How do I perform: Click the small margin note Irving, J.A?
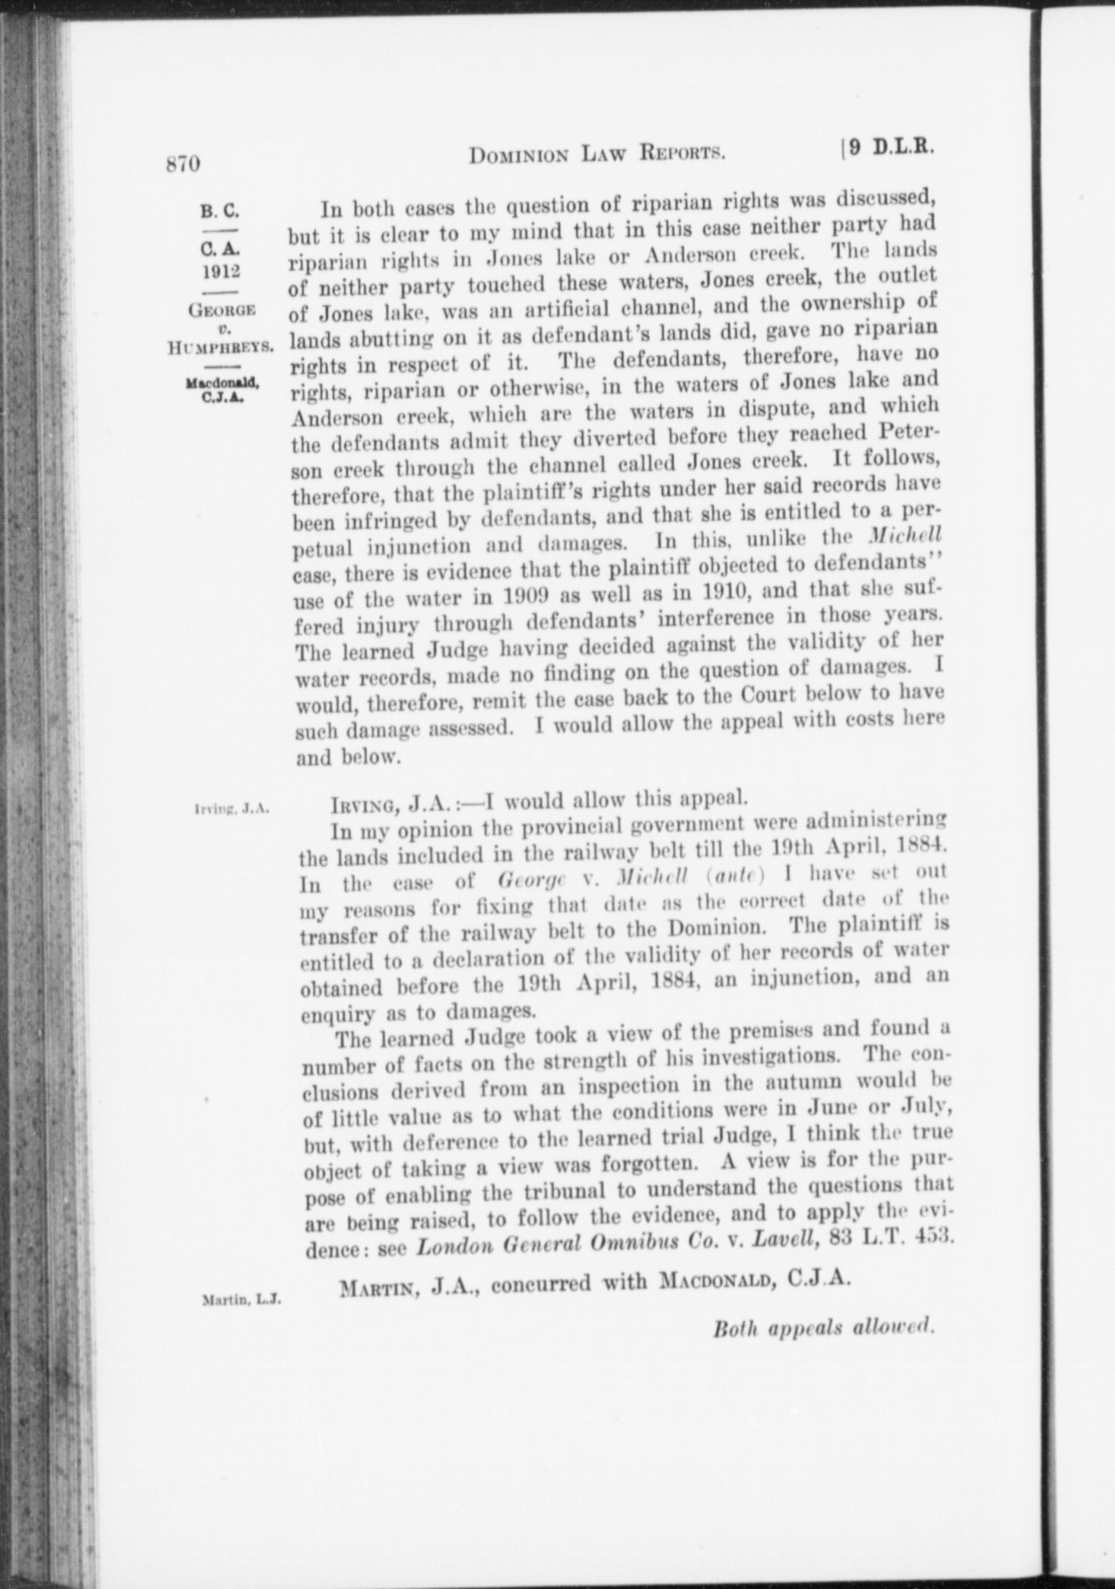coord(231,809)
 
